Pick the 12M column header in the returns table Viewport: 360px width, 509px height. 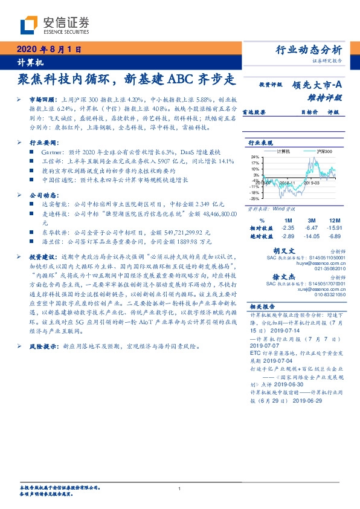click(x=335, y=220)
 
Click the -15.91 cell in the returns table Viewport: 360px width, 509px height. click(x=335, y=227)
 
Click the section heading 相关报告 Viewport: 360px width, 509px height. click(x=263, y=307)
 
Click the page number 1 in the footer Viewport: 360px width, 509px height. click(x=180, y=488)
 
